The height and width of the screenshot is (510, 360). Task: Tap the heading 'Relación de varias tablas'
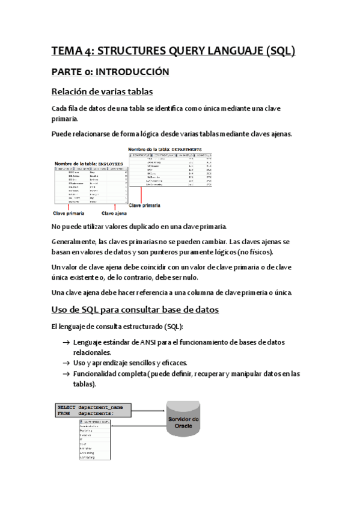tap(102, 91)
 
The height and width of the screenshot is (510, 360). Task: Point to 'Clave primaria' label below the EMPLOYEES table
tap(69, 213)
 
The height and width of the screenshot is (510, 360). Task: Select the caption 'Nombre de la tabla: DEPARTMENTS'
tap(166, 148)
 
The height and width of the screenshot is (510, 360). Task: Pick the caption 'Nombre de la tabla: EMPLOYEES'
tap(89, 163)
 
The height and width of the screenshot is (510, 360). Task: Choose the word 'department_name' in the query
tap(111, 407)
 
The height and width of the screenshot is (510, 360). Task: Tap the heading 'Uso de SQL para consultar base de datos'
tap(136, 310)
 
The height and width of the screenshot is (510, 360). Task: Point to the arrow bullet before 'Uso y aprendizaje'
tap(65, 363)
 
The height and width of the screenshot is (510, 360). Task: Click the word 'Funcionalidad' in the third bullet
tap(99, 373)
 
